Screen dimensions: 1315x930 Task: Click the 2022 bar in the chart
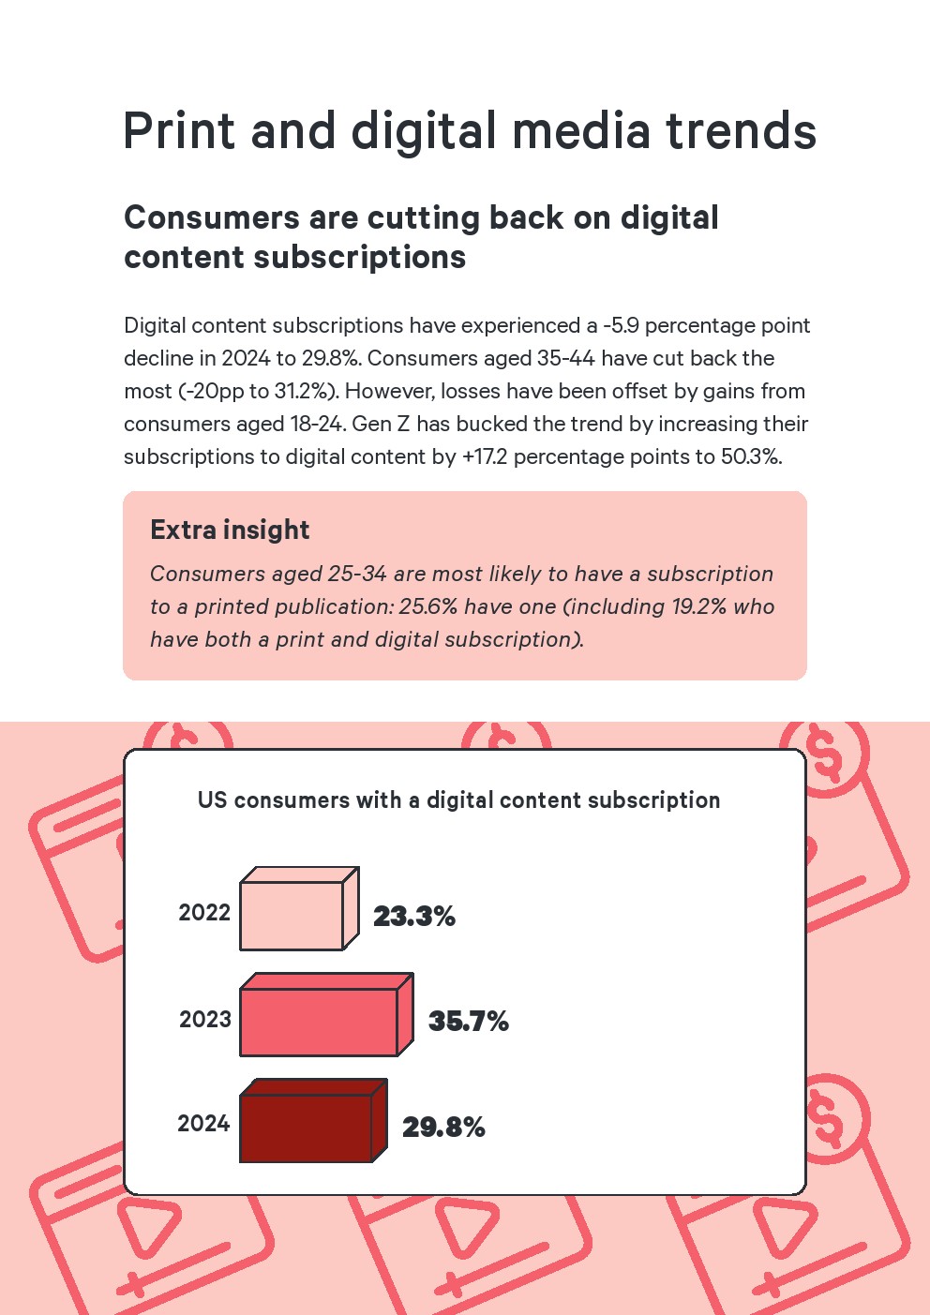coord(292,915)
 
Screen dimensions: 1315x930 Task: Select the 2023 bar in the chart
coord(319,1021)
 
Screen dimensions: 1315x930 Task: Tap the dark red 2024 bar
coord(307,1127)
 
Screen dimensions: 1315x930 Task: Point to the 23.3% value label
coord(413,917)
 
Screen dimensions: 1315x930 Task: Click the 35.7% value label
coord(468,1022)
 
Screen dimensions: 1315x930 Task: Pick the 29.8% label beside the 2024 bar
coord(443,1128)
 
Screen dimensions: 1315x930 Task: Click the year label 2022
coord(204,913)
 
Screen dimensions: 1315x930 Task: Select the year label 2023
coord(205,1020)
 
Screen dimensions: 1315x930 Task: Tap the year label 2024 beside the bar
coord(203,1124)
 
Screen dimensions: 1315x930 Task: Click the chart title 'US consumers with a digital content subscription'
coord(458,800)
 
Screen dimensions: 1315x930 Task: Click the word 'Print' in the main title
coord(178,131)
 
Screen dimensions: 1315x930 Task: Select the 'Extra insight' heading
coord(230,530)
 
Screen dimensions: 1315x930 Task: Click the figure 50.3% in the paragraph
coord(750,457)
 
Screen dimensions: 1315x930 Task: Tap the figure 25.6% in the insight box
coord(428,607)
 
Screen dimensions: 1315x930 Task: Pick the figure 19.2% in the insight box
coord(698,607)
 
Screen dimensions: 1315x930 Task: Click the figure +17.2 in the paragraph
coord(484,457)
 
